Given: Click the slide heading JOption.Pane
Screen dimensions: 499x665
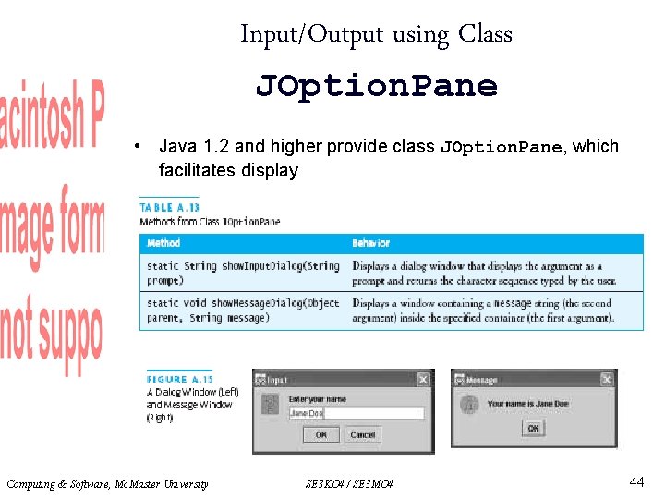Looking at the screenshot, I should [376, 86].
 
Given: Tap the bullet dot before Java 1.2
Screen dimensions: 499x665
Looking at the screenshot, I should [137, 147].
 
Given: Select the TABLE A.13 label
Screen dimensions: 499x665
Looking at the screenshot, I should [169, 208].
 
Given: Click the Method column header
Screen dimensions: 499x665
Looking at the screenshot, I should [163, 243].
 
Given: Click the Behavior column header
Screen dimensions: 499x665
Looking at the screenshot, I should [370, 243].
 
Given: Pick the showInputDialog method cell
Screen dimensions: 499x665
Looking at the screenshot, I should [242, 273].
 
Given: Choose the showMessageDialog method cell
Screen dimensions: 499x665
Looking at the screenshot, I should [242, 310].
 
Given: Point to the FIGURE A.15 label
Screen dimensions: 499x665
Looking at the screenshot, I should [179, 379].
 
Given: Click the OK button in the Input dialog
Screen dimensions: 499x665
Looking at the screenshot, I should [320, 434].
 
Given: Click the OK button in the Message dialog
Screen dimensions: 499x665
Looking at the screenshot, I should [533, 428].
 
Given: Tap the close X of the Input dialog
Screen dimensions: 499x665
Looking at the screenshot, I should [422, 379].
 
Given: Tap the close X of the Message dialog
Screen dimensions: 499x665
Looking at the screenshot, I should [606, 379].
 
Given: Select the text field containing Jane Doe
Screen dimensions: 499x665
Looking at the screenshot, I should [355, 414].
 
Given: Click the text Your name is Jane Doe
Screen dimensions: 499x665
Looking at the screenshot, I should [527, 404].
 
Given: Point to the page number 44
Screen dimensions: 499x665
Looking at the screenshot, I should [636, 481].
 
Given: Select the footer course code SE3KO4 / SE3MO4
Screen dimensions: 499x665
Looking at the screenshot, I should [348, 483].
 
